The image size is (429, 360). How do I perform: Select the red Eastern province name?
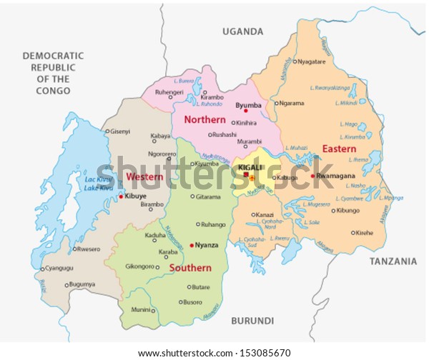(339, 149)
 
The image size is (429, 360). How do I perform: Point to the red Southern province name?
(190, 268)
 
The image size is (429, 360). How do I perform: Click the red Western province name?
(143, 176)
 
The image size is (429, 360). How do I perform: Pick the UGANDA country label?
(242, 31)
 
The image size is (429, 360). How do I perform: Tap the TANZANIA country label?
(393, 261)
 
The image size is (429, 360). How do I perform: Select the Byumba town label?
(248, 105)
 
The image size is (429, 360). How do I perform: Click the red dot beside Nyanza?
(192, 245)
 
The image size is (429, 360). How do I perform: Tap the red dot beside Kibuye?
(121, 196)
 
